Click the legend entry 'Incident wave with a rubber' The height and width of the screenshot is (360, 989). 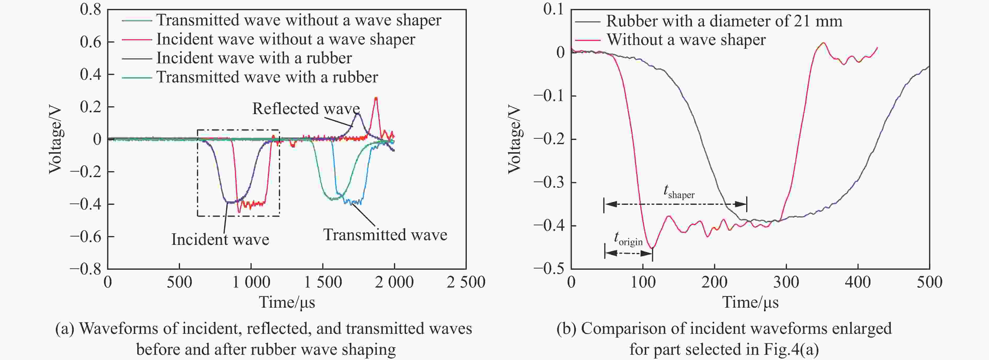click(x=254, y=58)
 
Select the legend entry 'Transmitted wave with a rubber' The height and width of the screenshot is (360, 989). click(x=267, y=77)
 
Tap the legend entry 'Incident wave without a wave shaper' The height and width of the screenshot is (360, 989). click(x=286, y=40)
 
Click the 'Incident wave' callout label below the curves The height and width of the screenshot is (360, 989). click(x=220, y=239)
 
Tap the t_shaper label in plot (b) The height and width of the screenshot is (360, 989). click(x=679, y=192)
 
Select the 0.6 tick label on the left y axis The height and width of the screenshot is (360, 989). click(x=90, y=42)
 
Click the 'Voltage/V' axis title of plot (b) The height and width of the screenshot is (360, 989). click(x=514, y=140)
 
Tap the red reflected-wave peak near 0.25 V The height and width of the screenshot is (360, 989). click(x=376, y=98)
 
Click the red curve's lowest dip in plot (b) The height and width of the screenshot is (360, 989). click(x=651, y=248)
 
